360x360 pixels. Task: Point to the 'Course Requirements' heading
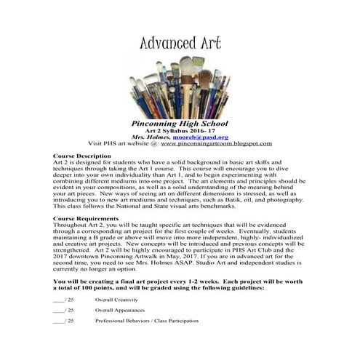(87, 219)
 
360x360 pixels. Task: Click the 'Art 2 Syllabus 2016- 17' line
(180, 130)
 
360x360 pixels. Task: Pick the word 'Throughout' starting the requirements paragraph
(71, 226)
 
